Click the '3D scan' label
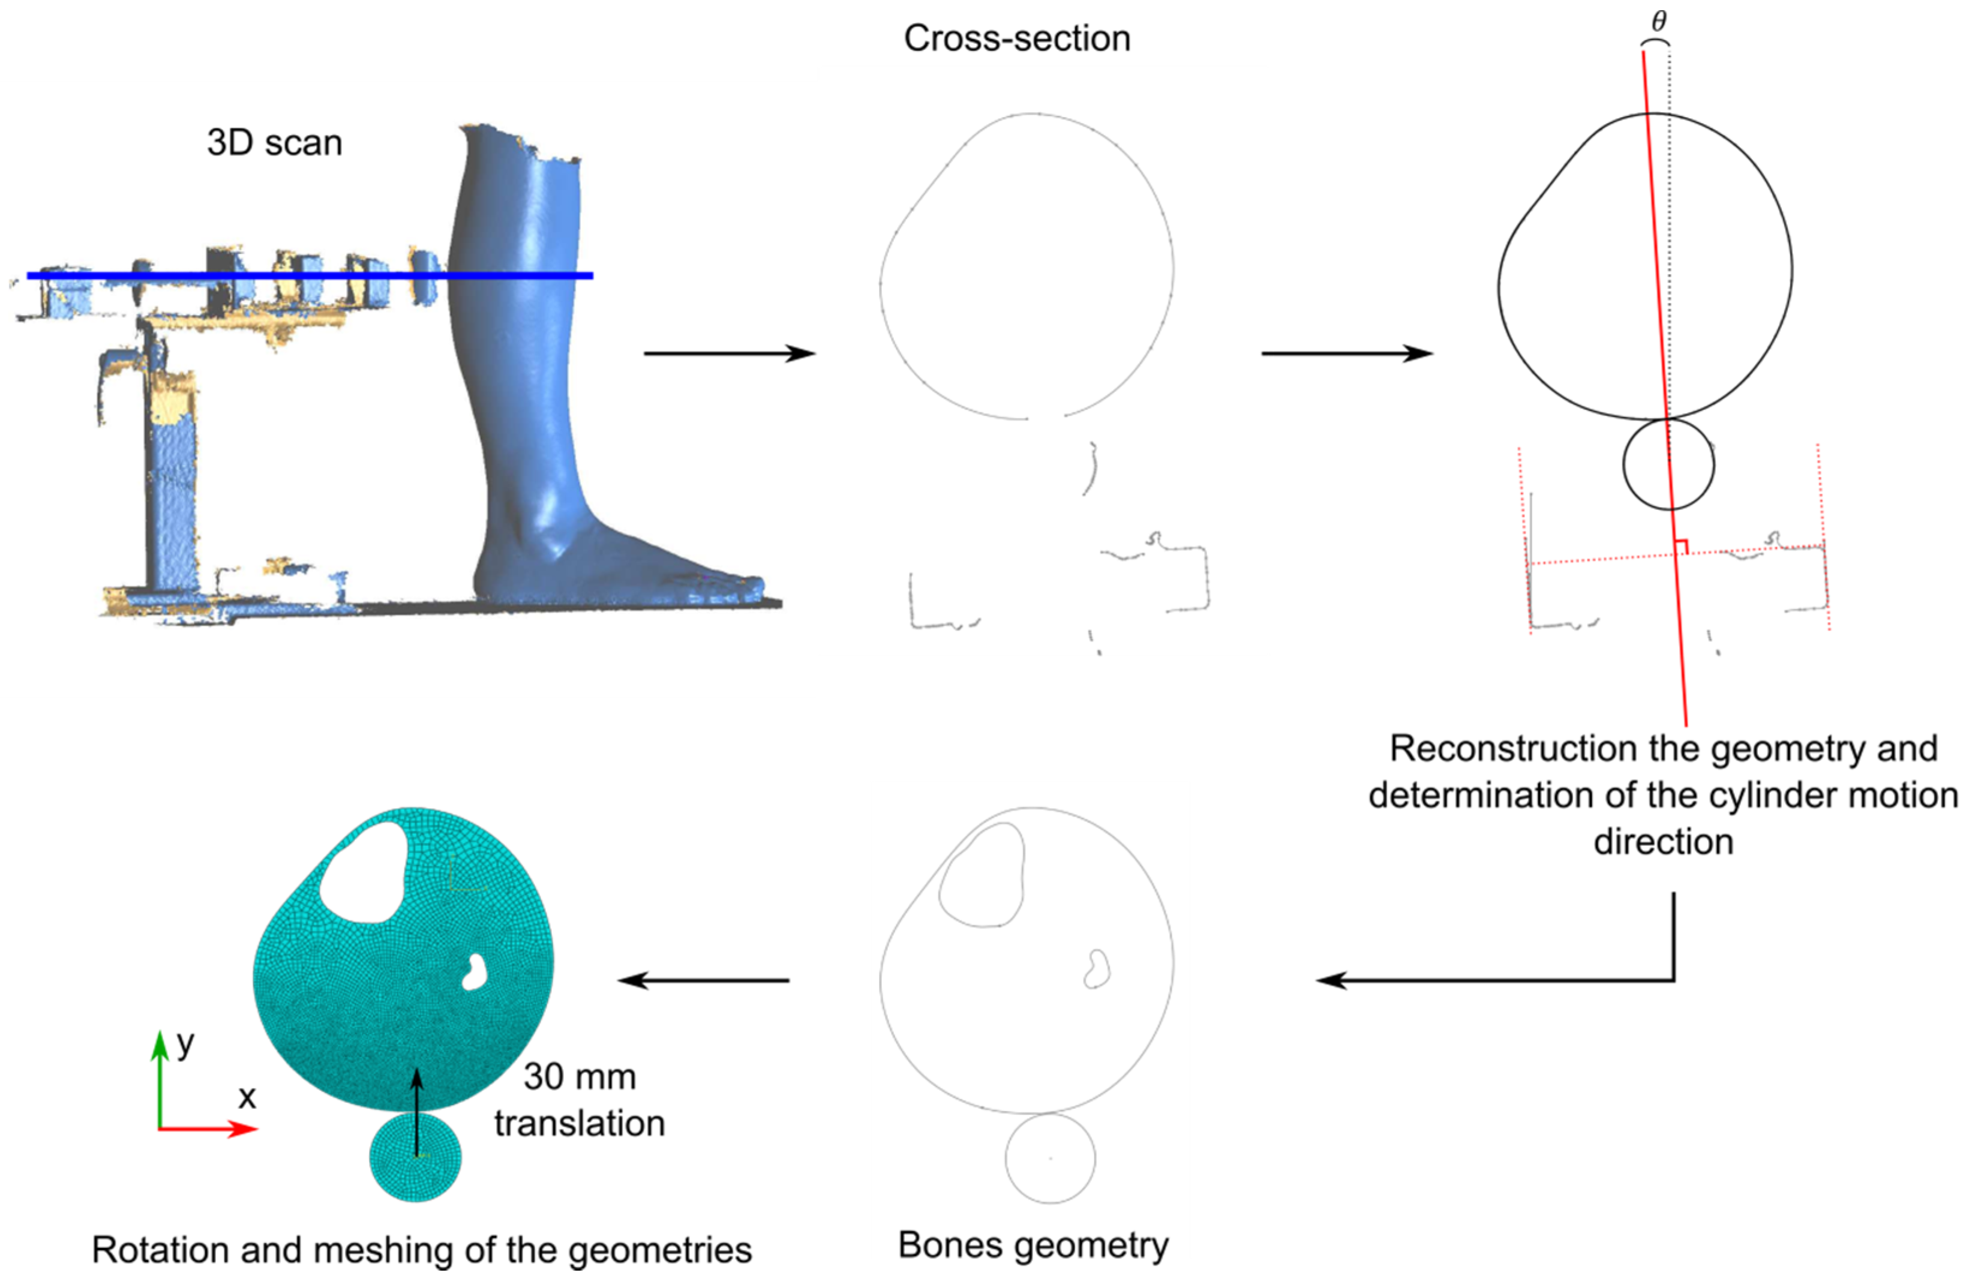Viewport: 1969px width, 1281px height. pyautogui.click(x=274, y=143)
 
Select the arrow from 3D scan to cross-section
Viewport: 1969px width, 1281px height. pyautogui.click(x=729, y=353)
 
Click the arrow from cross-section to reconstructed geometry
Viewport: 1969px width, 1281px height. pyautogui.click(x=1346, y=353)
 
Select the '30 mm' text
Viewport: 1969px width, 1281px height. pyautogui.click(x=579, y=1076)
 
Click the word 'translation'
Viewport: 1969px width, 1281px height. pyautogui.click(x=579, y=1124)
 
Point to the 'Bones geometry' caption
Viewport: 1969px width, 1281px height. pyautogui.click(x=1033, y=1244)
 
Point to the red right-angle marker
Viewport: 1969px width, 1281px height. pyautogui.click(x=1681, y=546)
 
